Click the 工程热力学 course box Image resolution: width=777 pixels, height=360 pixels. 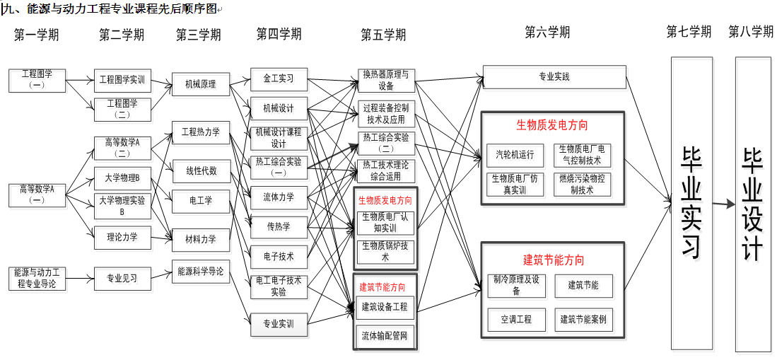(201, 132)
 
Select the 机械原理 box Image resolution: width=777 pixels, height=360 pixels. (201, 84)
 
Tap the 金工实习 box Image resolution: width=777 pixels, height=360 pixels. (279, 79)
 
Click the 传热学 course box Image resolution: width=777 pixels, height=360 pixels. (279, 226)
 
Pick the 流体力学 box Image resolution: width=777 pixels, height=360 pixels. (279, 197)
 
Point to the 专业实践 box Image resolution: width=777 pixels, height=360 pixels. (554, 77)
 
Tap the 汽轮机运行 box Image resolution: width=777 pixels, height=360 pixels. (515, 155)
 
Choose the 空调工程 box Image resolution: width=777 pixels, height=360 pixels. (517, 319)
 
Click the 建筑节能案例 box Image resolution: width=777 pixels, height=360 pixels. (583, 319)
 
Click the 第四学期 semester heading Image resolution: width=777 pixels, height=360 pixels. (279, 34)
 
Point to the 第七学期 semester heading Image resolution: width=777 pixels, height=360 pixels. (689, 32)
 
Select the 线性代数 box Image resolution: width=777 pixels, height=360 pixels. (201, 171)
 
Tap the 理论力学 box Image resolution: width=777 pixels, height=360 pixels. (122, 237)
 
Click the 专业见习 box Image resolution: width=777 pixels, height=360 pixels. (122, 278)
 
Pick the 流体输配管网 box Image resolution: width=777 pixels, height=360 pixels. (385, 335)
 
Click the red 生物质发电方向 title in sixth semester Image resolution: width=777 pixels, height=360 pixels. (551, 125)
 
